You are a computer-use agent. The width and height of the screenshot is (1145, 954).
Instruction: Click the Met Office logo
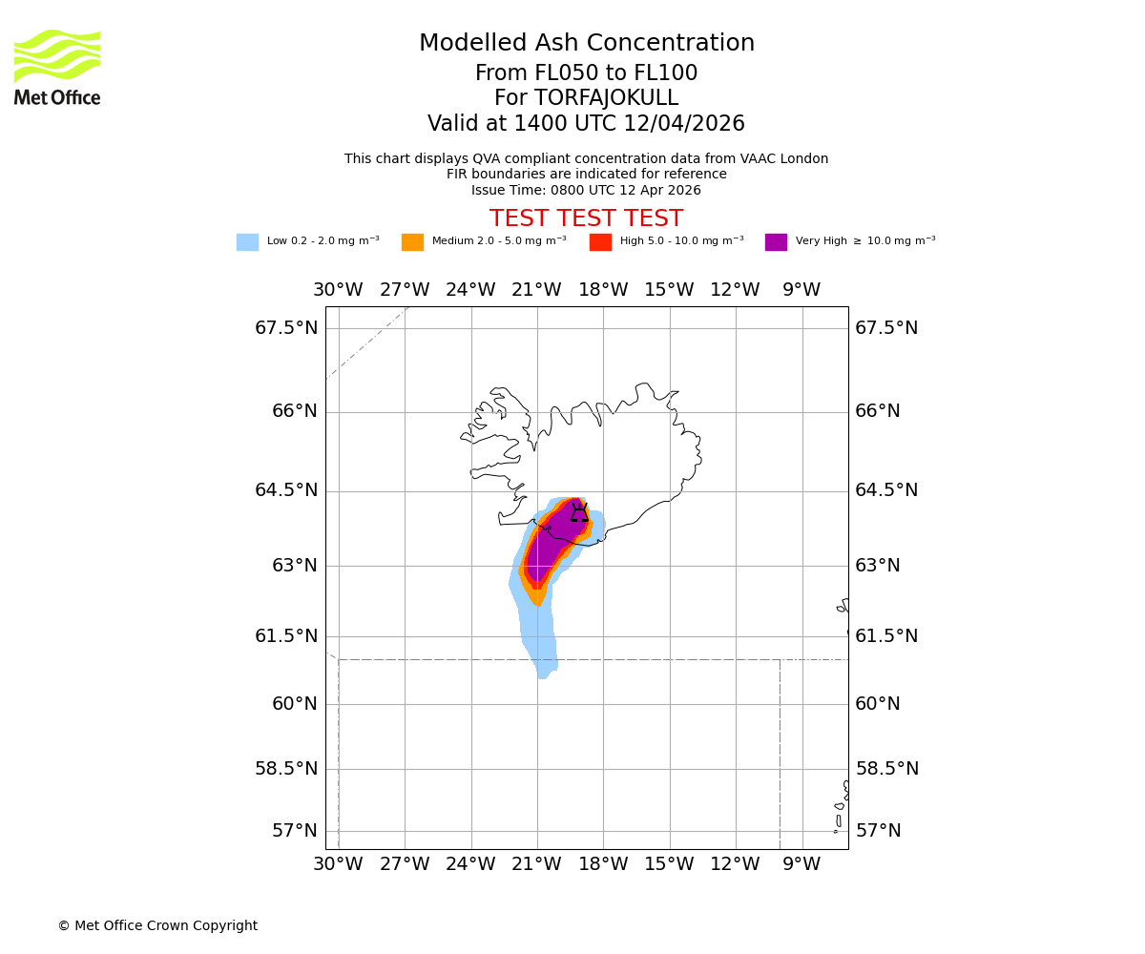pyautogui.click(x=57, y=67)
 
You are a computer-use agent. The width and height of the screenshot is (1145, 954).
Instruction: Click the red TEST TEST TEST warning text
pyautogui.click(x=586, y=218)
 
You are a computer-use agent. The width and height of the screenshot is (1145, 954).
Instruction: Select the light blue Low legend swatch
pyautogui.click(x=247, y=241)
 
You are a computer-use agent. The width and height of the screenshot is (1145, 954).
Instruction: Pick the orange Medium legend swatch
pyautogui.click(x=412, y=241)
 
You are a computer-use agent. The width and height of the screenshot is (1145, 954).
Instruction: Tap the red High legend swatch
pyautogui.click(x=600, y=241)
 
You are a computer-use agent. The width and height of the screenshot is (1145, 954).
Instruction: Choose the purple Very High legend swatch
pyautogui.click(x=776, y=241)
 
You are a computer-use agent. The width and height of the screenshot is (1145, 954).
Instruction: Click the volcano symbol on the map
pyautogui.click(x=579, y=513)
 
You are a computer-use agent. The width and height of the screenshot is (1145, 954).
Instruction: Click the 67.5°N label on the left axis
pyautogui.click(x=286, y=327)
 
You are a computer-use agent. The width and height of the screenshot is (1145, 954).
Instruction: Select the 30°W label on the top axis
pyautogui.click(x=338, y=290)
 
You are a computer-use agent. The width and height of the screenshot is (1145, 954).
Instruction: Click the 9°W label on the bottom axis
pyautogui.click(x=801, y=864)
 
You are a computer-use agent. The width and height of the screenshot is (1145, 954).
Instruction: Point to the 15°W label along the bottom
pyautogui.click(x=669, y=864)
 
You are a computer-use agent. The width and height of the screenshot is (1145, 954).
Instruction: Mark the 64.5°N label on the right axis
pyautogui.click(x=886, y=490)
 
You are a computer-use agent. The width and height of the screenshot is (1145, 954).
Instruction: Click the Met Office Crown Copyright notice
pyautogui.click(x=157, y=925)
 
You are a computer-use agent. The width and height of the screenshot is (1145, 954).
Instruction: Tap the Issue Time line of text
pyautogui.click(x=586, y=190)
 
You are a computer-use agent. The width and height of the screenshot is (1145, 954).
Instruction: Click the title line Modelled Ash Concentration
pyautogui.click(x=586, y=43)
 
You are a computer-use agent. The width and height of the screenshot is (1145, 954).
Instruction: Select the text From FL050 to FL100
pyautogui.click(x=586, y=73)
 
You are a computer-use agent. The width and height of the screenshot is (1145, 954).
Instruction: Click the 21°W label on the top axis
pyautogui.click(x=536, y=290)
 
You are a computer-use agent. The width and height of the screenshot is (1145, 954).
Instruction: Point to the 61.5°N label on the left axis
pyautogui.click(x=286, y=635)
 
